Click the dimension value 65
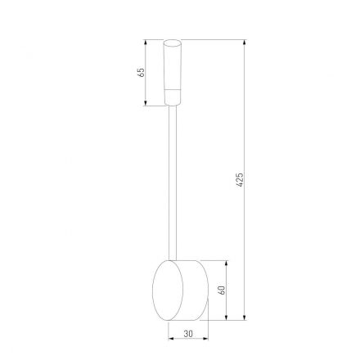click(x=142, y=72)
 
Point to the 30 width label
click(x=188, y=334)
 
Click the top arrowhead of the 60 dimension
click(x=227, y=263)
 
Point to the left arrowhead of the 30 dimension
click(x=170, y=339)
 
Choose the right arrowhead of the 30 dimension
click(x=207, y=339)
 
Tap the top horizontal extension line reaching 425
click(x=213, y=38)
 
